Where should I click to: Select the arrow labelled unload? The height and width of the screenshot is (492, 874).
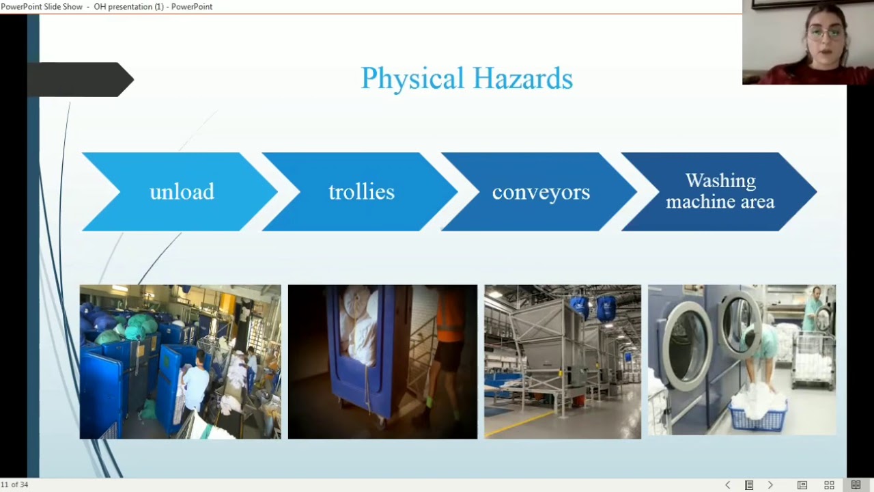(x=181, y=192)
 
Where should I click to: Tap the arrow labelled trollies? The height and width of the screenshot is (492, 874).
(x=361, y=192)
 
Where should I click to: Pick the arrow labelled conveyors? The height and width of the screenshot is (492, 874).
(x=540, y=192)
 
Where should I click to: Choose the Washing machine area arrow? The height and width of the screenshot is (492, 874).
(x=720, y=191)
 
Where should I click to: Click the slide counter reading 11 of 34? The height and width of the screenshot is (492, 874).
(x=14, y=484)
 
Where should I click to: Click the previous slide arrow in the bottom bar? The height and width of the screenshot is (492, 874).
(x=727, y=485)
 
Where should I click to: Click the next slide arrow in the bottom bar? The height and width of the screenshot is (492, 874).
(x=770, y=485)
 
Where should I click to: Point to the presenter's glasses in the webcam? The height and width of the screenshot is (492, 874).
(x=824, y=32)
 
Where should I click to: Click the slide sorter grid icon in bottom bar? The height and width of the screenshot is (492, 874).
(x=829, y=485)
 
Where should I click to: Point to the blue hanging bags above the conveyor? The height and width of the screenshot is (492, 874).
(x=591, y=307)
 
